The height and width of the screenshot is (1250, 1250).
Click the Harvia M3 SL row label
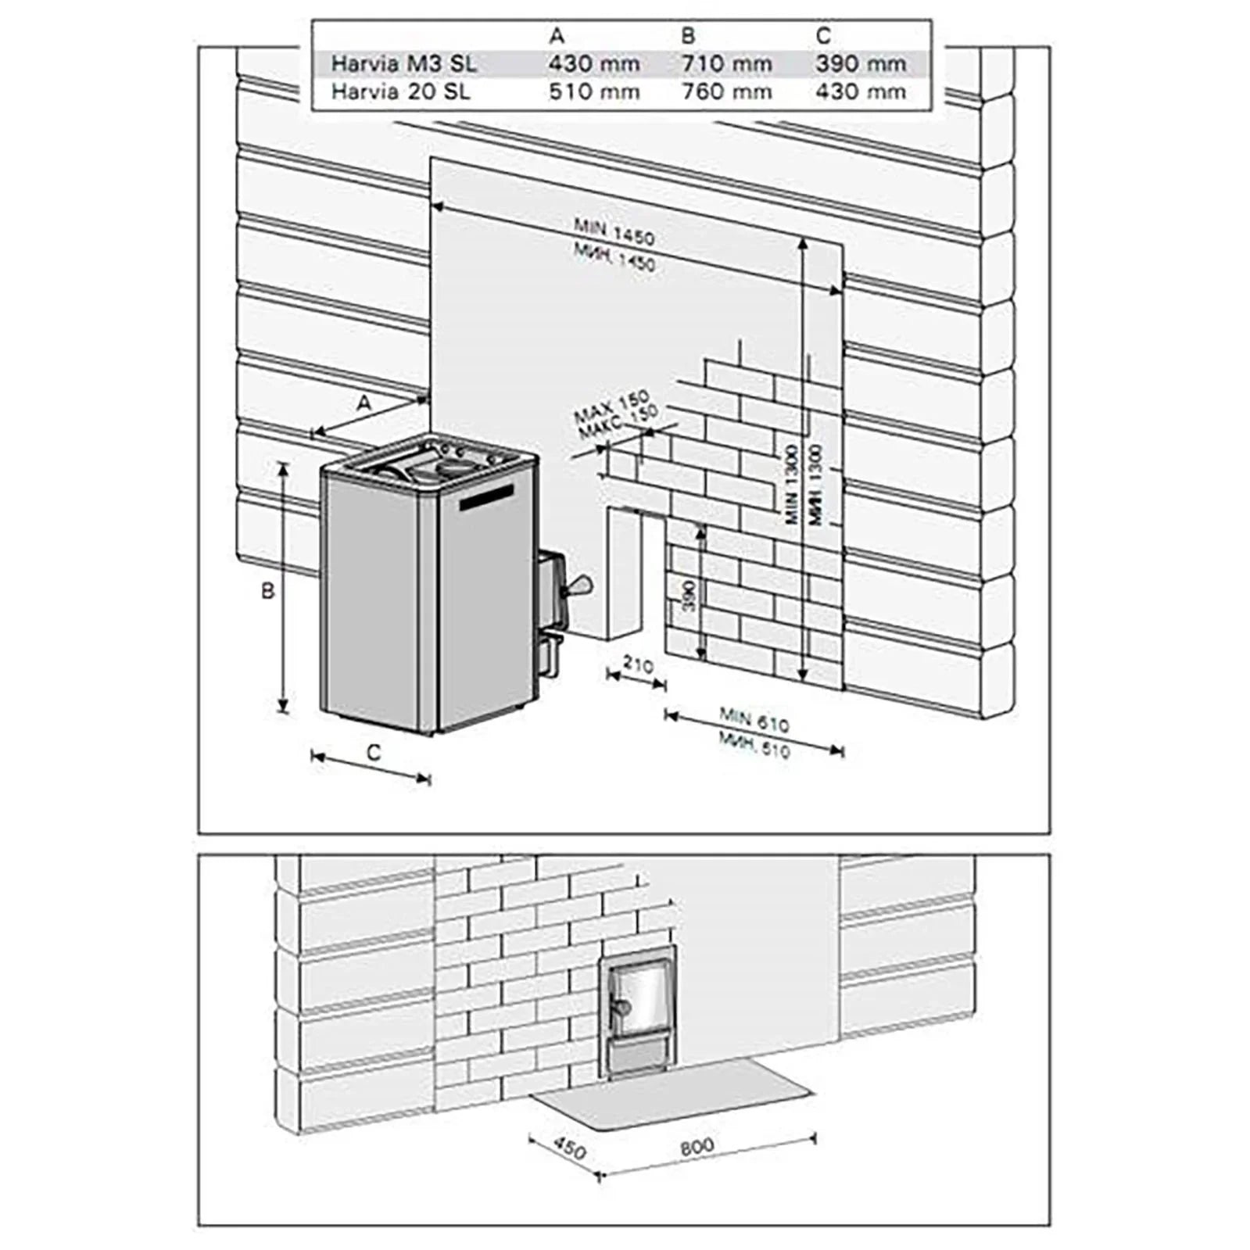403,63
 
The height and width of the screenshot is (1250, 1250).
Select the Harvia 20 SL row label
400,91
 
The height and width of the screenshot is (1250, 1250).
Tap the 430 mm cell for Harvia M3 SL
593,63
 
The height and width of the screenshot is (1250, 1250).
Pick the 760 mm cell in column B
726,91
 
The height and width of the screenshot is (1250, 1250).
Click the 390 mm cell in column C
861,63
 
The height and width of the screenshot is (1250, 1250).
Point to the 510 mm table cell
593,91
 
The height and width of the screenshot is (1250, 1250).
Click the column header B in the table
688,36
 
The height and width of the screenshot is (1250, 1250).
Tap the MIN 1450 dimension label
614,231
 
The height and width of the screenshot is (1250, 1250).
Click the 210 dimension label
638,665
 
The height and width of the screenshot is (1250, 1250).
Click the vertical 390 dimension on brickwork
689,596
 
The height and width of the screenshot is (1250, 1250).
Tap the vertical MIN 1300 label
791,485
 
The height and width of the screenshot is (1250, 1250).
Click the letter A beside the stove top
364,403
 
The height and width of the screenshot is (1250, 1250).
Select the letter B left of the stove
267,590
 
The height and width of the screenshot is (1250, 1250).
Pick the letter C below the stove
374,752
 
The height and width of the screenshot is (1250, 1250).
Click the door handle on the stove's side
580,584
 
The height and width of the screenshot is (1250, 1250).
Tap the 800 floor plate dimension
697,1146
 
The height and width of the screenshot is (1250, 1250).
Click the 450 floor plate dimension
568,1148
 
